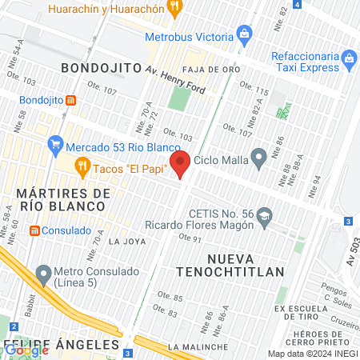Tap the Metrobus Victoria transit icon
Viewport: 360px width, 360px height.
(x=245, y=34)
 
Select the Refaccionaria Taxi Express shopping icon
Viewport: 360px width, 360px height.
(x=348, y=58)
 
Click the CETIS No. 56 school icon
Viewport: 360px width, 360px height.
(x=266, y=215)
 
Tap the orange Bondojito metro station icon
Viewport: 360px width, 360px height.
(x=71, y=101)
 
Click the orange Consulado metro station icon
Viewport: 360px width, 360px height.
(x=34, y=230)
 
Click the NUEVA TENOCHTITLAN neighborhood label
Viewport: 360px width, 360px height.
(x=246, y=265)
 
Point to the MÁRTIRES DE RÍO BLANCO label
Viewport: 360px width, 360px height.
(x=62, y=200)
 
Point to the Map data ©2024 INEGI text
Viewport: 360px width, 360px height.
(x=313, y=354)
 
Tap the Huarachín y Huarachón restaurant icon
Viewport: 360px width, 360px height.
(x=175, y=9)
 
